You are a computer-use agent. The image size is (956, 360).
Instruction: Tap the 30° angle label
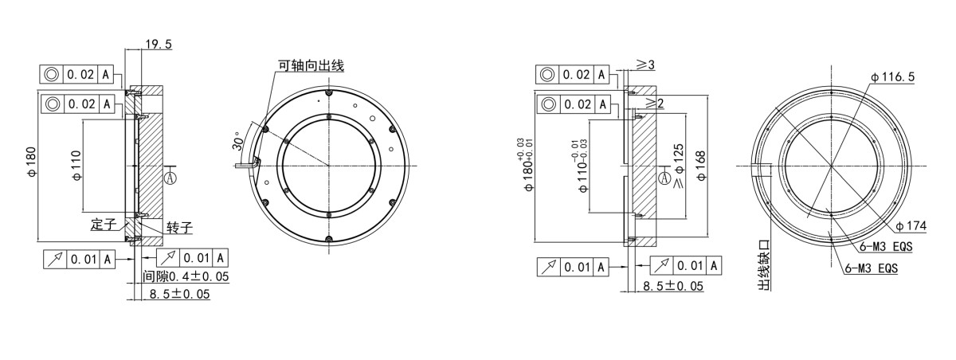coord(237,141)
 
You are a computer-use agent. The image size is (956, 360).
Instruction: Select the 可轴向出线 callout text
coord(311,65)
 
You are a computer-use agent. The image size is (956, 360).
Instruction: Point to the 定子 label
coord(104,225)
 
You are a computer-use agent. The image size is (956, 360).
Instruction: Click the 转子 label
coord(179,228)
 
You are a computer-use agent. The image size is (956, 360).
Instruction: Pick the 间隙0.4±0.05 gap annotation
coord(186,276)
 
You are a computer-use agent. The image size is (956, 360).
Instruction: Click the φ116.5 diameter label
coord(892,76)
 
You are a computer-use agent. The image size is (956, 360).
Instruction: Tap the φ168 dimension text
coord(701,166)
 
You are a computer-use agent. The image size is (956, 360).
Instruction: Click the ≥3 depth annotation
coord(645,65)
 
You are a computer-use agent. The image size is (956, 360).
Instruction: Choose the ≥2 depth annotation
coord(654,102)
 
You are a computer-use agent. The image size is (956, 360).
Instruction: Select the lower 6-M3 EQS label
coord(872,269)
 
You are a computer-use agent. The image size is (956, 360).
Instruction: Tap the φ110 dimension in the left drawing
coord(76,166)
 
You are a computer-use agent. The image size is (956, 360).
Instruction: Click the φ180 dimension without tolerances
coord(31,163)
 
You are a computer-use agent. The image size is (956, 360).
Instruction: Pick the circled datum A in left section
coord(170,178)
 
